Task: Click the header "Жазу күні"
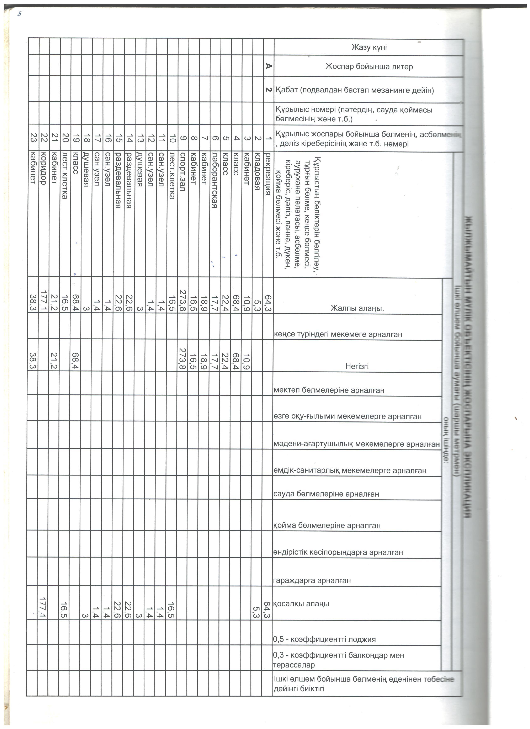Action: tap(369, 48)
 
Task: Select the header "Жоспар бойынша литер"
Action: tap(369, 67)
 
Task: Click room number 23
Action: tap(33, 138)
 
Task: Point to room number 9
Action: tap(183, 138)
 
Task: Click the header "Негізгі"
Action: tap(357, 366)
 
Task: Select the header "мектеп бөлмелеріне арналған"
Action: tap(328, 390)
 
